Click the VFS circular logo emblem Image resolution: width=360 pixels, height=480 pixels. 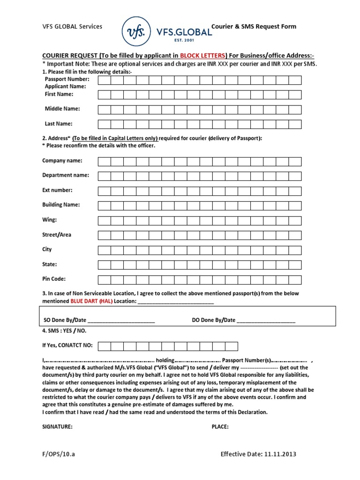pos(136,31)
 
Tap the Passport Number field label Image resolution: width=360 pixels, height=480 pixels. pos(67,79)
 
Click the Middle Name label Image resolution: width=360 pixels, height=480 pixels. pos(62,109)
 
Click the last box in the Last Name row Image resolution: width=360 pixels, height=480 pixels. pos(295,124)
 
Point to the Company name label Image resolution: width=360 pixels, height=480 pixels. pos(62,161)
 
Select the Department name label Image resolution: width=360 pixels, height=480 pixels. pos(66,175)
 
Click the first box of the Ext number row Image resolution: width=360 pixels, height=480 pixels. pos(105,191)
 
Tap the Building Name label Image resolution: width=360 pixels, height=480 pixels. pos(61,205)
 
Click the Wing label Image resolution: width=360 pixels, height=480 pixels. pos(50,219)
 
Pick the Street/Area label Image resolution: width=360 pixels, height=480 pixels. pos(57,234)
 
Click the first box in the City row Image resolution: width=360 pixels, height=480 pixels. pos(105,250)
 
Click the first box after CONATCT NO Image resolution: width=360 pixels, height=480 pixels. pos(105,346)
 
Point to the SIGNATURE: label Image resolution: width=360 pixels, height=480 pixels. pos(57,427)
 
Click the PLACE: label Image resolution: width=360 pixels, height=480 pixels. pos(220,427)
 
